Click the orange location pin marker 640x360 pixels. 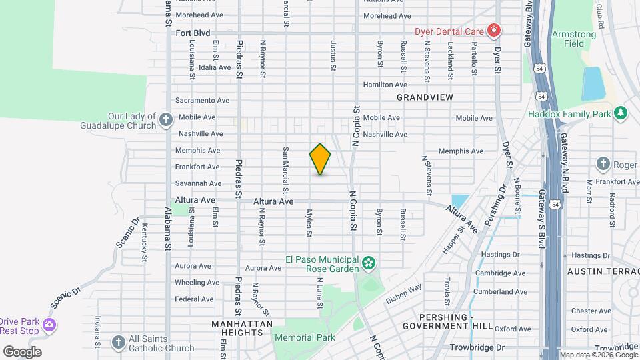[320, 159]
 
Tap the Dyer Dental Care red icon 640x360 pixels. [493, 30]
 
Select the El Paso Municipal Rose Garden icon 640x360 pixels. [368, 264]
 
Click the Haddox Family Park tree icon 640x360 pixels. [621, 114]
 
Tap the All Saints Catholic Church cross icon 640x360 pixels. [118, 343]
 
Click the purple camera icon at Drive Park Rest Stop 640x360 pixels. [49, 326]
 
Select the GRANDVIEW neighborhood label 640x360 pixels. [425, 97]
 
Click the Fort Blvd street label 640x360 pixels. [193, 33]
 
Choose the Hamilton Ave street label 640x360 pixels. [385, 85]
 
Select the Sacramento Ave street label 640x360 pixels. [202, 101]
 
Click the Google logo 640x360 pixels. [22, 351]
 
